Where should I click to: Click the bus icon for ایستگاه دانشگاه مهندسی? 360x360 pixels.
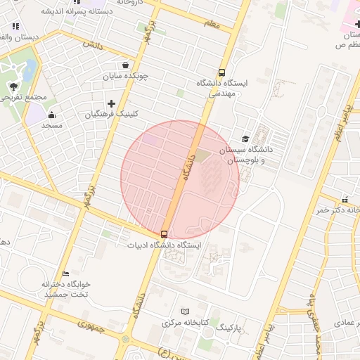222,72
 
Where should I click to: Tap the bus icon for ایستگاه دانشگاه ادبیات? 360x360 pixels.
164,233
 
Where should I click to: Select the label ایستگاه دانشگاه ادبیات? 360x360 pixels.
164,245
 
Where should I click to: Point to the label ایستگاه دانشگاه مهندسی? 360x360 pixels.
223,88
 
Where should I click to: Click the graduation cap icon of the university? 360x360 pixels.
245,139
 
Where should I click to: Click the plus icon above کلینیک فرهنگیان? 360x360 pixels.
111,103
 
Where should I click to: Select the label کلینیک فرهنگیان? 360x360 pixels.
117,114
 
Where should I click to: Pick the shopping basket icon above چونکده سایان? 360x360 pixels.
125,65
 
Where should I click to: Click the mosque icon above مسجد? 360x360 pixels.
51,115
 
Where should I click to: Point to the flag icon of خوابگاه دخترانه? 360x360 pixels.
65,274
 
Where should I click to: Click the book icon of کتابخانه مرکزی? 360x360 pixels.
185,311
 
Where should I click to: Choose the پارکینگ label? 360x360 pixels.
229,328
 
